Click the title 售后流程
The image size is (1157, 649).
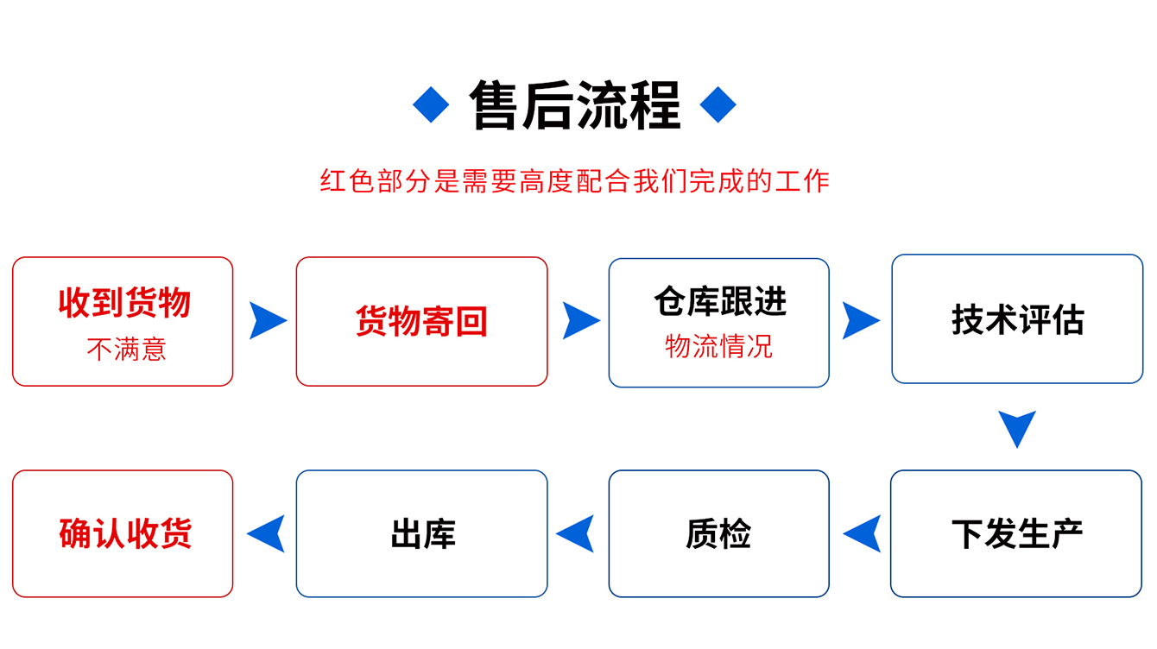(575, 105)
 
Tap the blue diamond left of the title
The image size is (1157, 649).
(431, 105)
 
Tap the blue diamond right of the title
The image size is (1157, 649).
(718, 105)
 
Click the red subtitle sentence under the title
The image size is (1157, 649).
(575, 181)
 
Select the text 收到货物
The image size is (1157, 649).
(124, 303)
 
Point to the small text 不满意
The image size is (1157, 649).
(126, 350)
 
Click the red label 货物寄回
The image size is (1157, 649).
(421, 322)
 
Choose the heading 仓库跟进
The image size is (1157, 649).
(720, 302)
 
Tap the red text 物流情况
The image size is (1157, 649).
(718, 347)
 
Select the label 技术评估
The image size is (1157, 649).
(1017, 319)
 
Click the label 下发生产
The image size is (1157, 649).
(1017, 533)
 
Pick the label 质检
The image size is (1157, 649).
(718, 533)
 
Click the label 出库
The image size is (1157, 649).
(422, 533)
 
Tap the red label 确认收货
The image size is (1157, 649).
(124, 533)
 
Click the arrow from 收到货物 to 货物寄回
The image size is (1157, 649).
(266, 320)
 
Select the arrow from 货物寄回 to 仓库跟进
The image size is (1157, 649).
(579, 320)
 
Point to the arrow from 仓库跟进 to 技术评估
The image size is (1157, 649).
(859, 320)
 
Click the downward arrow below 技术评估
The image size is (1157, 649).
(1017, 427)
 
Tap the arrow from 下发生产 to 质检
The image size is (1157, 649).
(863, 533)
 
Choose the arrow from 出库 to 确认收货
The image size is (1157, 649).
(267, 533)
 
